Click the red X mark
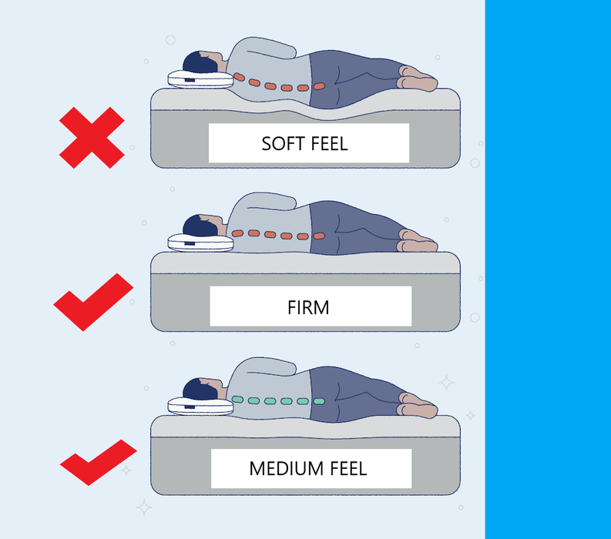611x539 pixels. [x=92, y=138]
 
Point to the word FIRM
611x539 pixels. [x=308, y=308]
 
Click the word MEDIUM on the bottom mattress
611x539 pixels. [x=287, y=468]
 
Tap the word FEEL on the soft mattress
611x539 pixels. [x=329, y=144]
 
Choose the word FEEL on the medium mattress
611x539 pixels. [x=348, y=468]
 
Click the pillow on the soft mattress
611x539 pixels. [x=200, y=79]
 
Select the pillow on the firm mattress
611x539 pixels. [x=200, y=243]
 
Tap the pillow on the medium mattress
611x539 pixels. [x=200, y=407]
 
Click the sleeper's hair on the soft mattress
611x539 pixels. [x=199, y=62]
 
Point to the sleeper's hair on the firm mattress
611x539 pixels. [x=199, y=226]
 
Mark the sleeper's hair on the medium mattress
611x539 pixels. [x=199, y=389]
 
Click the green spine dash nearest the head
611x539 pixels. [x=238, y=399]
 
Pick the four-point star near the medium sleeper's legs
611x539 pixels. [x=446, y=383]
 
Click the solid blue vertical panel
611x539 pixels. [x=548, y=269]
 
